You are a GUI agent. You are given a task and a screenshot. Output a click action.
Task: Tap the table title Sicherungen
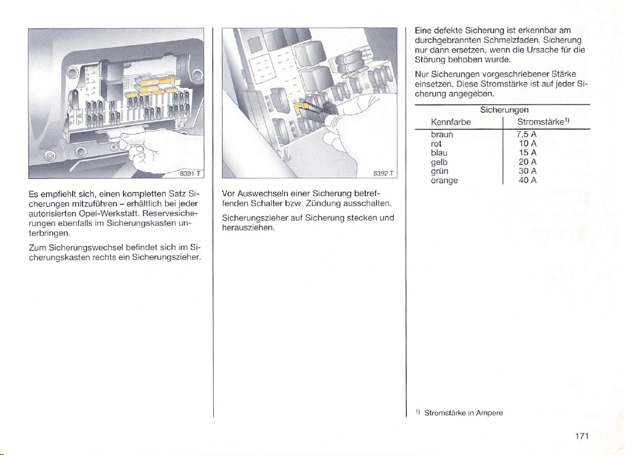tap(502, 110)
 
